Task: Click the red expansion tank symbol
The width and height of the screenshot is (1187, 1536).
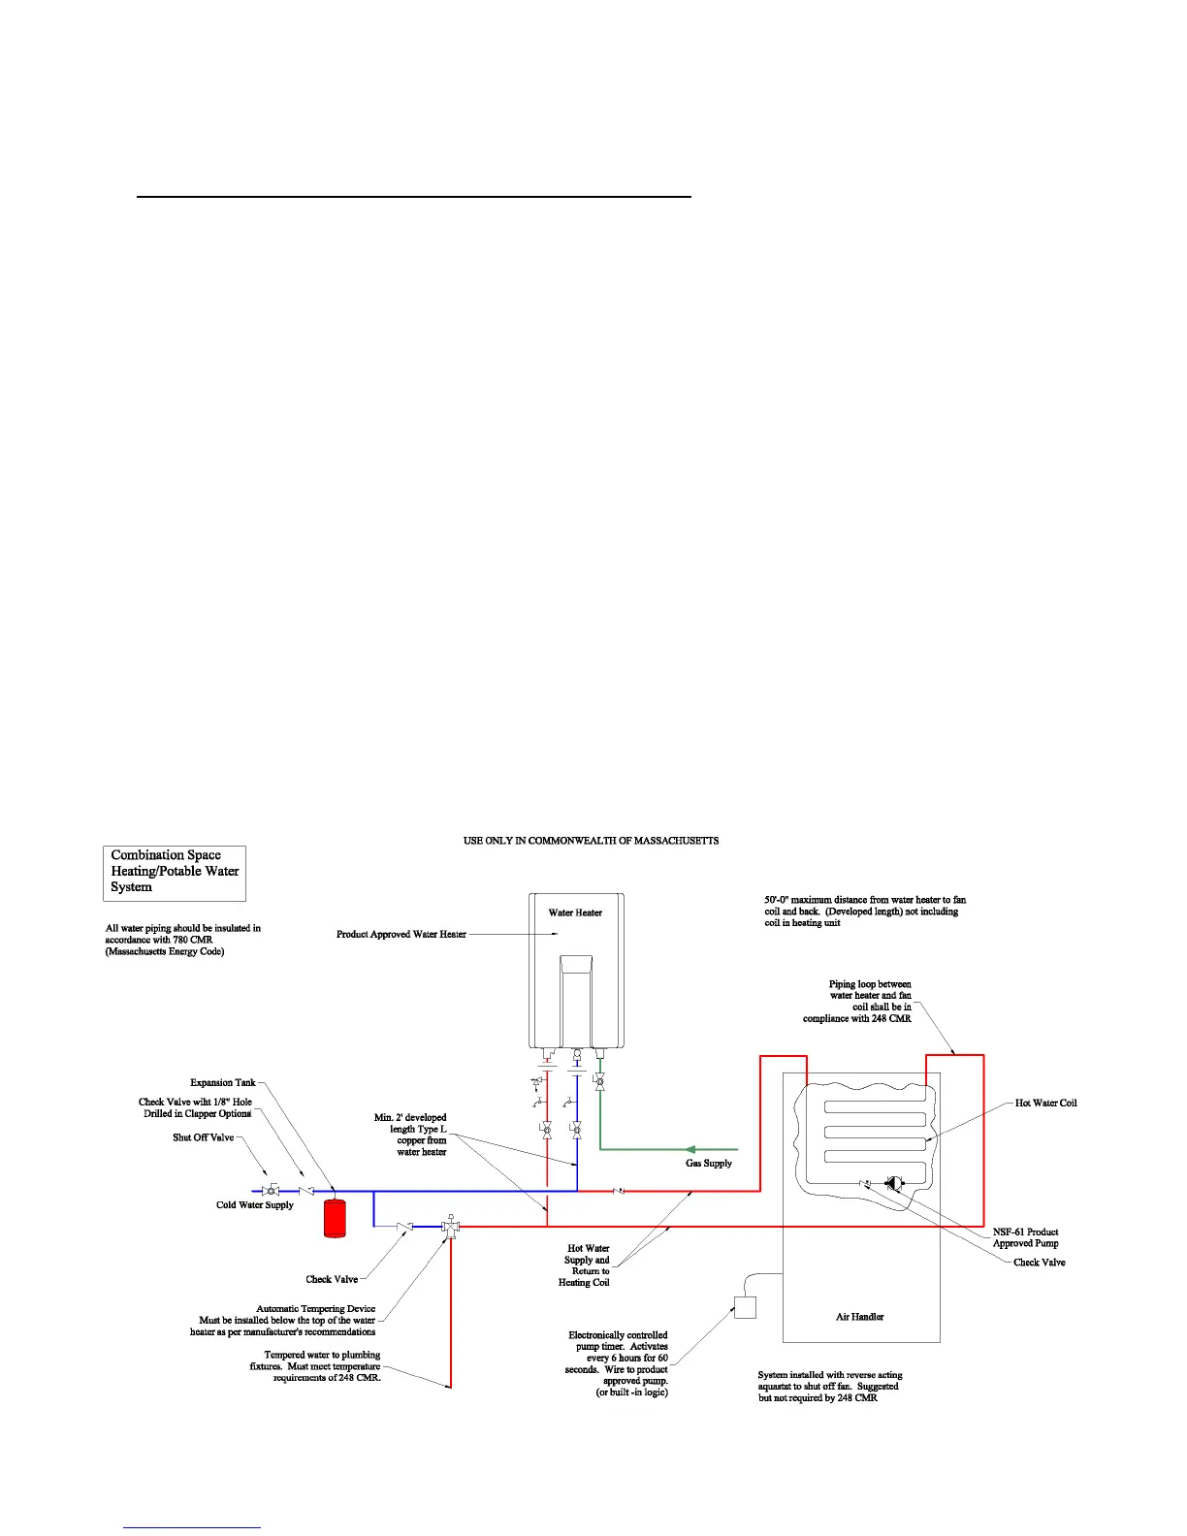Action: coord(335,1218)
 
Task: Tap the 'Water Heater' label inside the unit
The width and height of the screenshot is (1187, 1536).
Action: coord(575,912)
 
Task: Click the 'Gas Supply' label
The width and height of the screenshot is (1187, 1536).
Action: coord(709,1163)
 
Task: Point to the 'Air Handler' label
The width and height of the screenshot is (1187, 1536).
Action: coord(859,1317)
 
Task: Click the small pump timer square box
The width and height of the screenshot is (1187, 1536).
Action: coord(745,1307)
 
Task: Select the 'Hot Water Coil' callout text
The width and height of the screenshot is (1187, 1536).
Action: coord(1045,1104)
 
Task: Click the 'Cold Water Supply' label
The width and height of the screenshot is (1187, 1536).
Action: coord(254,1205)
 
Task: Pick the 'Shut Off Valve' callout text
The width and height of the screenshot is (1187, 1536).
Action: coord(204,1137)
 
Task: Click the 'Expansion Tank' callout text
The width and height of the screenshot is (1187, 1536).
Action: coord(223,1082)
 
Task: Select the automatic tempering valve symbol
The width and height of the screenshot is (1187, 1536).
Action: coord(450,1227)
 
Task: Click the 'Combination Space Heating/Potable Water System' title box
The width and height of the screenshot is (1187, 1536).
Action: coord(175,871)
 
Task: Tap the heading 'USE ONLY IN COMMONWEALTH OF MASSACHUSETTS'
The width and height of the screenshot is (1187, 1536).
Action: coord(591,841)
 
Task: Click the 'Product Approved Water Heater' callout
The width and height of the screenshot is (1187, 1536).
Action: coord(401,935)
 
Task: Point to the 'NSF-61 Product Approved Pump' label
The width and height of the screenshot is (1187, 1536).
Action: coord(1025,1237)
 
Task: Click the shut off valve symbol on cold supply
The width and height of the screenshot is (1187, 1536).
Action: coord(271,1191)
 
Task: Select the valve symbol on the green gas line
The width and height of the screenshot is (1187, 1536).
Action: coord(599,1081)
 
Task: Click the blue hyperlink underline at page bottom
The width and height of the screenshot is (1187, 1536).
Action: coord(193,1527)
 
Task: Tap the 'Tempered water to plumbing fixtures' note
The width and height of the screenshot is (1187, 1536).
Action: coord(322,1366)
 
